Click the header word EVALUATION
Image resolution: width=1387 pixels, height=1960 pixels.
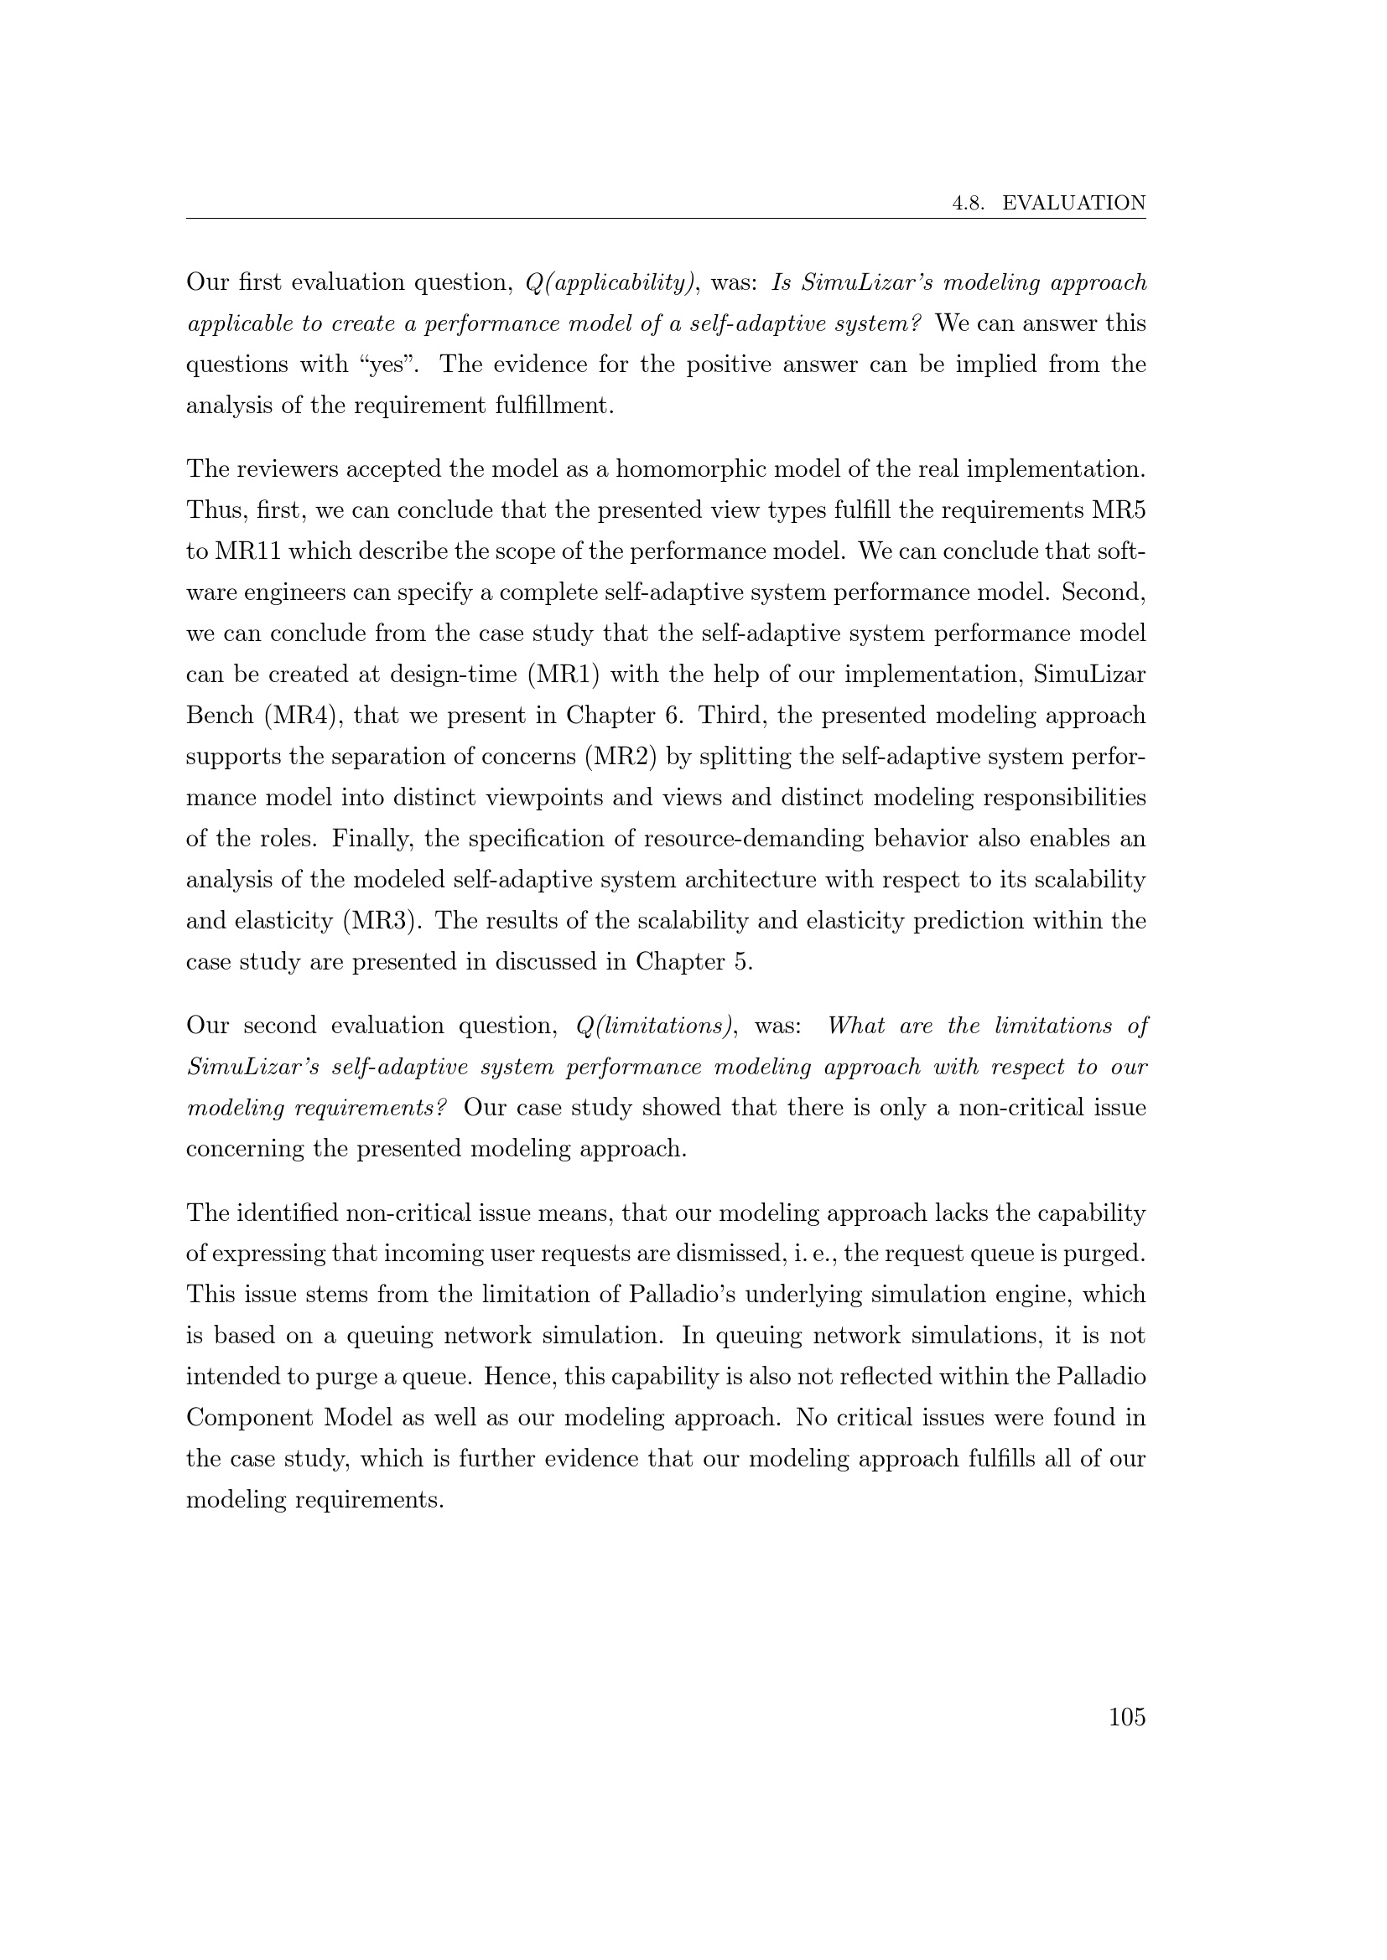coord(1073,203)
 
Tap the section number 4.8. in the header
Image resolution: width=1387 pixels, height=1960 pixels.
coord(970,203)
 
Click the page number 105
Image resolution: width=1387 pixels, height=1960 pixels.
coord(1126,1718)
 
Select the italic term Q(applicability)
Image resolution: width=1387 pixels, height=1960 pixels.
coord(610,282)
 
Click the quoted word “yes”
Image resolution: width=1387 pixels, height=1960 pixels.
coord(382,365)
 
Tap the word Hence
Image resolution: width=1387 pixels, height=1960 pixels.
coord(529,1377)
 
